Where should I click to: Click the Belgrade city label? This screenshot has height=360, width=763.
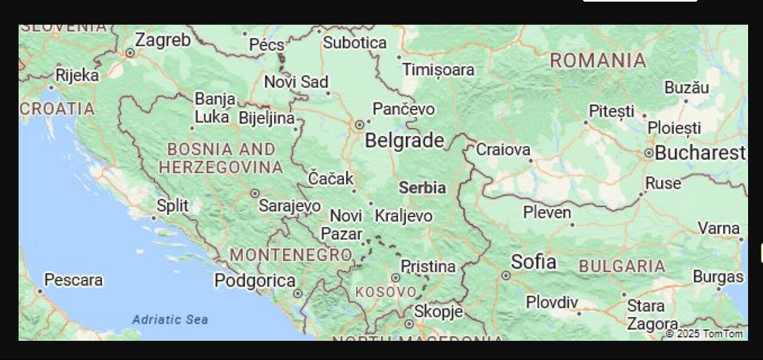[404, 141]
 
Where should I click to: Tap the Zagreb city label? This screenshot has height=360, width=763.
[163, 40]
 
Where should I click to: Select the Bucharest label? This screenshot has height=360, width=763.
[700, 153]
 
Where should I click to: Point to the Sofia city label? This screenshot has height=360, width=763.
[534, 262]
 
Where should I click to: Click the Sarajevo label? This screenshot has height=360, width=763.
[290, 206]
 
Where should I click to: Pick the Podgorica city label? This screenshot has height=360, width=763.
[255, 281]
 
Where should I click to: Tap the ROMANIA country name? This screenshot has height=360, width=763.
[598, 61]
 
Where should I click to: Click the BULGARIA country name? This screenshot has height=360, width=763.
[622, 266]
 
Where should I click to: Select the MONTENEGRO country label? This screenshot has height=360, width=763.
[290, 255]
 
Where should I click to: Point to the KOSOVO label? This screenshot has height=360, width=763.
[386, 293]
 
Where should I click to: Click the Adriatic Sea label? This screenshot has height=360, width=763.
[170, 319]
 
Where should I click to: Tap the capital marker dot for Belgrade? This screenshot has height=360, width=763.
[359, 125]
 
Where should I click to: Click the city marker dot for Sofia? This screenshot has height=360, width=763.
[505, 275]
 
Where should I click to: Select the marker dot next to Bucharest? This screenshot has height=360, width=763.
[649, 153]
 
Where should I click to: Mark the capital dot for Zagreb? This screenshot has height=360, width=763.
[130, 52]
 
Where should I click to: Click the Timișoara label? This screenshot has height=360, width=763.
[438, 70]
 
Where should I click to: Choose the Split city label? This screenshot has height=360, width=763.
[172, 206]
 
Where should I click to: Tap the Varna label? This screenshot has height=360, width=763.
[718, 228]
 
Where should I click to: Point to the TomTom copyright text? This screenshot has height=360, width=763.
[706, 333]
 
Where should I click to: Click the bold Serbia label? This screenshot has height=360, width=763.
[422, 188]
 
